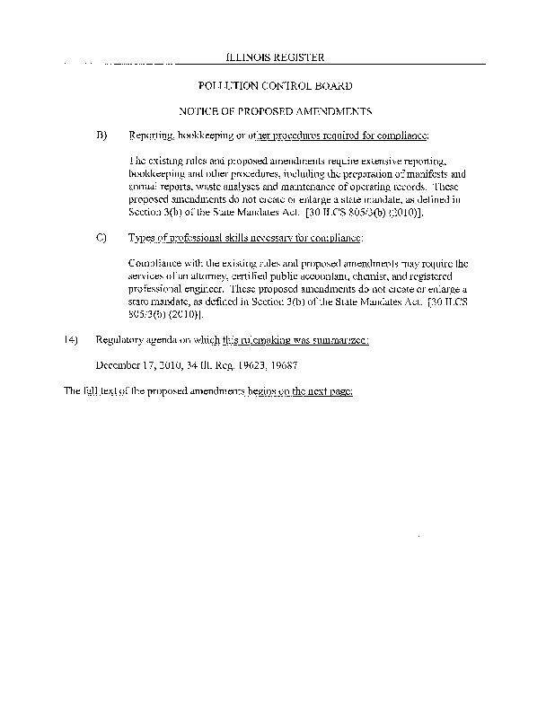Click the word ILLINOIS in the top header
(250, 57)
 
